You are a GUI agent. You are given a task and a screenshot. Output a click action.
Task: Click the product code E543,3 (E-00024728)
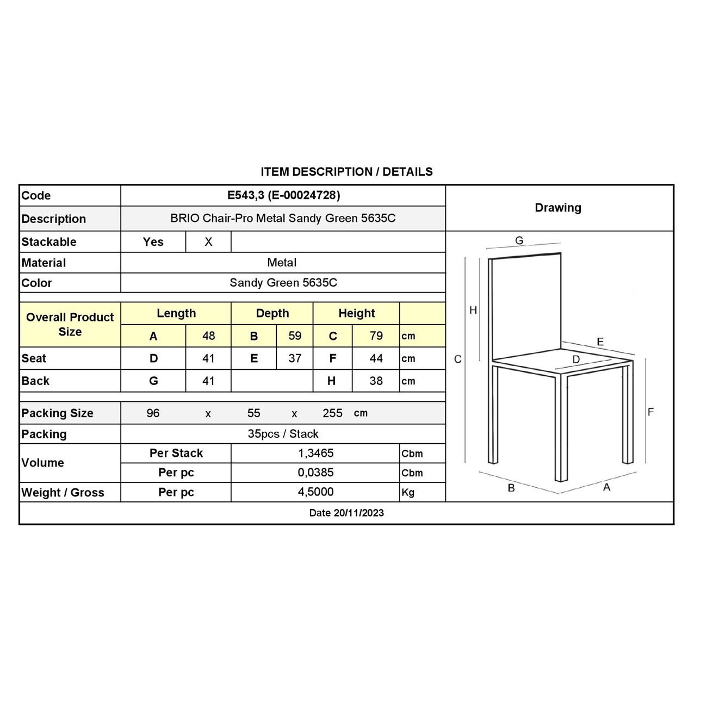283,195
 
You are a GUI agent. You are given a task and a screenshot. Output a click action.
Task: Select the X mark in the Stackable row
208,242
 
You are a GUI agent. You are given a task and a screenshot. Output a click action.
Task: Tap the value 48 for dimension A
208,336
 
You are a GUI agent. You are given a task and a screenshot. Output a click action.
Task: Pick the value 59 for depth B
295,336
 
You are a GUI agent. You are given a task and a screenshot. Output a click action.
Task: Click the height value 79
376,336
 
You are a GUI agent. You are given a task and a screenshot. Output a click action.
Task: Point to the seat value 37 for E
295,358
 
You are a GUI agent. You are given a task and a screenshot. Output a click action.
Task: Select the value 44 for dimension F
376,358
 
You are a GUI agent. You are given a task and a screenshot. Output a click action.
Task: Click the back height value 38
376,381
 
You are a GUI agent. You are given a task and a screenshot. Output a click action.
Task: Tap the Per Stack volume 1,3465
315,453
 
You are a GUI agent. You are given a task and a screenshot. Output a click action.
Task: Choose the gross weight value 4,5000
315,492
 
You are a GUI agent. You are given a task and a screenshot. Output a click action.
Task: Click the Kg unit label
408,492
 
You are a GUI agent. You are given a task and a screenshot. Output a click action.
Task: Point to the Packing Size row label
57,413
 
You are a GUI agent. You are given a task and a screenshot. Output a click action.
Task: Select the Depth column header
272,313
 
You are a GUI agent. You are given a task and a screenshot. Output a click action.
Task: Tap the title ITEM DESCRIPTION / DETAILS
346,172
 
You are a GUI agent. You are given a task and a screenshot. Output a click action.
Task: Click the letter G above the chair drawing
519,240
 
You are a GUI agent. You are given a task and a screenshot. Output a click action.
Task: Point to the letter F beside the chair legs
650,412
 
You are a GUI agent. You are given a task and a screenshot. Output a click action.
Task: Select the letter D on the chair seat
576,359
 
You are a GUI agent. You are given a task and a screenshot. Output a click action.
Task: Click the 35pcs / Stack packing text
283,434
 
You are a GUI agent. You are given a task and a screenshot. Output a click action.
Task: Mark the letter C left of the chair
457,359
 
